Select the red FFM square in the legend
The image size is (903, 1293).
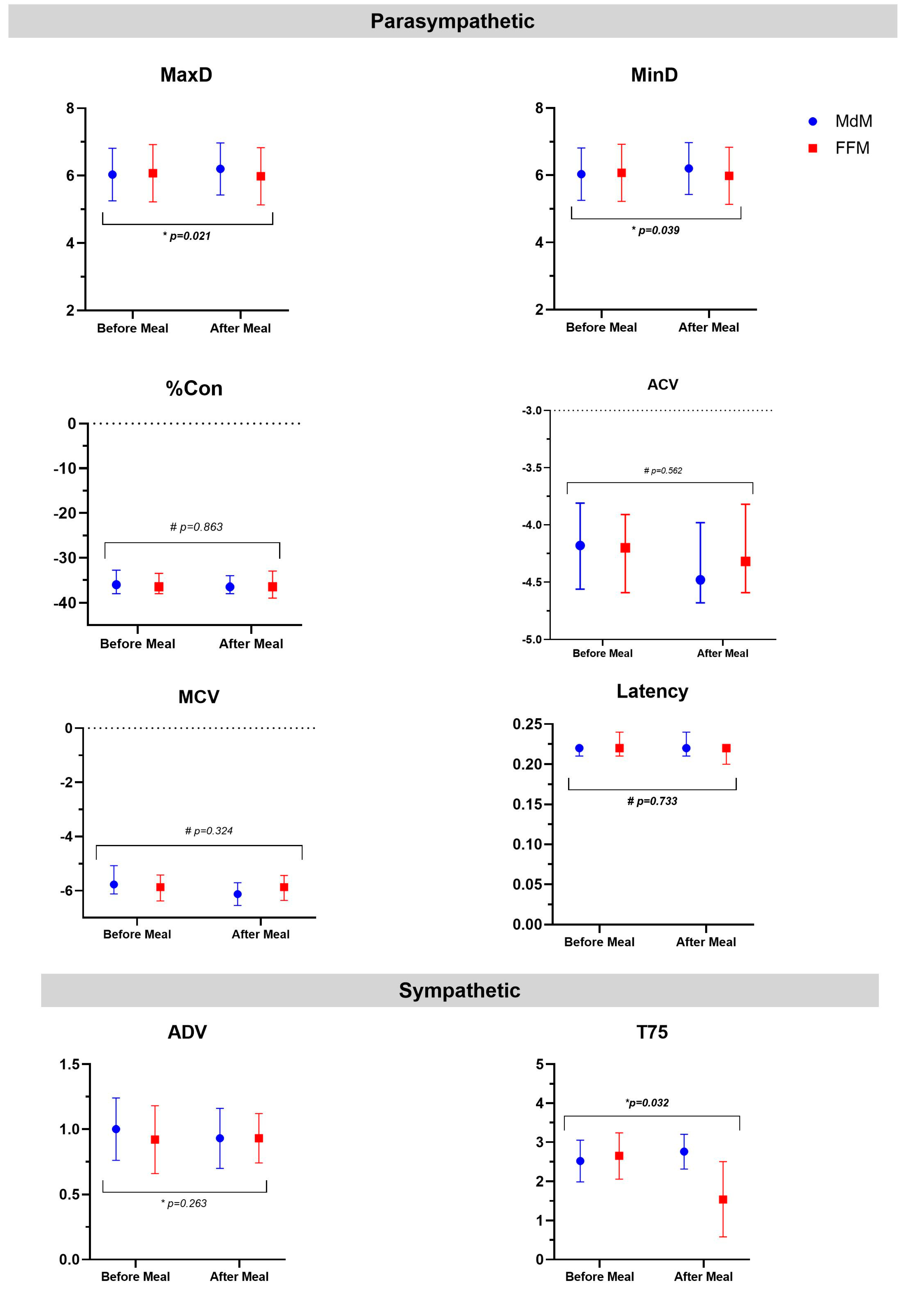812,148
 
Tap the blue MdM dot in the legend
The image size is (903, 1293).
812,121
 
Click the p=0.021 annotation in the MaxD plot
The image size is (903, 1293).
187,236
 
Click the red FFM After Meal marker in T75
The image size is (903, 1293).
723,1200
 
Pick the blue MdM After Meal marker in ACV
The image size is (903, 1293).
700,580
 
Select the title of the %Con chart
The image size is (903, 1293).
194,389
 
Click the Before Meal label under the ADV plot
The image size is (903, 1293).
135,1277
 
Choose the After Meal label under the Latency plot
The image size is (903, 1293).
706,942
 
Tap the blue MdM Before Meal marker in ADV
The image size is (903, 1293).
116,1129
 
